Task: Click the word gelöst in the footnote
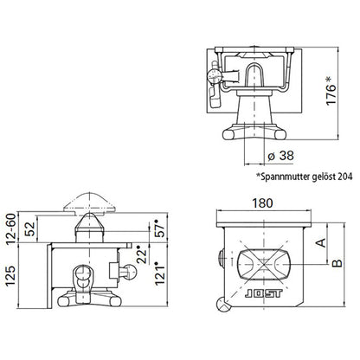(320, 174)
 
